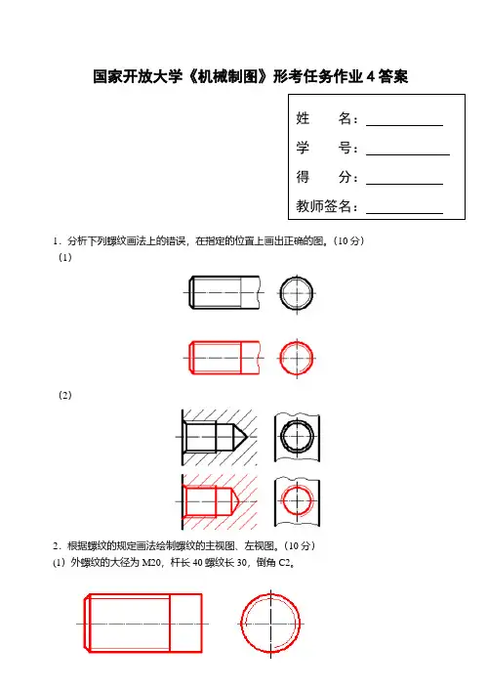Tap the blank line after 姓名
click(404, 126)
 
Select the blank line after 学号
click(408, 154)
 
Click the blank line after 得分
click(404, 184)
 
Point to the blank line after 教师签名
click(404, 213)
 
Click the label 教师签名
click(324, 206)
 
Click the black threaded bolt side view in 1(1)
click(224, 292)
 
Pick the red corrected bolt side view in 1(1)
click(224, 358)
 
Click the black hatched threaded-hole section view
click(219, 437)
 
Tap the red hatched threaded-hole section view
click(219, 501)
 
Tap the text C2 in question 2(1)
click(285, 562)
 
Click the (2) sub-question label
click(65, 395)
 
